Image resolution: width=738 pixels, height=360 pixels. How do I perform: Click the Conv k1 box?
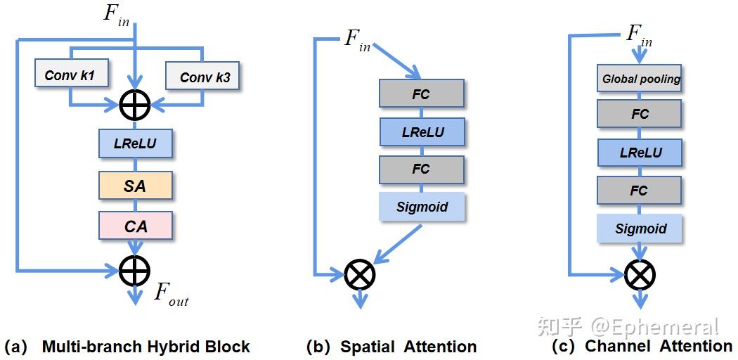tap(69, 75)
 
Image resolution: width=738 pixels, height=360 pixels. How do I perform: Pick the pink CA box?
tap(136, 226)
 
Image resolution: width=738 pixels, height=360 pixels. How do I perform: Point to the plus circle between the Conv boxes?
tap(135, 105)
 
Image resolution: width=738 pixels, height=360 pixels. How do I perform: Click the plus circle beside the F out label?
tap(135, 268)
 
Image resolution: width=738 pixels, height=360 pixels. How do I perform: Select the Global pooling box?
tap(640, 79)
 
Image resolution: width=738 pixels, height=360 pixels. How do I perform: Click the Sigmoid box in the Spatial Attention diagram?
tap(422, 207)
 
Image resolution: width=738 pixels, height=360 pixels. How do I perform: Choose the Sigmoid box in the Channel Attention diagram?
tap(640, 229)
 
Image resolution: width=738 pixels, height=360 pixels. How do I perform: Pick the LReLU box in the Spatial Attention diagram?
tap(422, 131)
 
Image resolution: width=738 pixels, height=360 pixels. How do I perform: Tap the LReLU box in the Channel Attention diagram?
tap(640, 152)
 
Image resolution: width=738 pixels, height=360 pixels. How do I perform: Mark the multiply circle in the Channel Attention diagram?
tap(640, 274)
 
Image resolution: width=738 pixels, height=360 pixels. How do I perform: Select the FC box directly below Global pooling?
tap(640, 114)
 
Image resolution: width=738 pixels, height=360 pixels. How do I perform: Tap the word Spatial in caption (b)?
tap(368, 347)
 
